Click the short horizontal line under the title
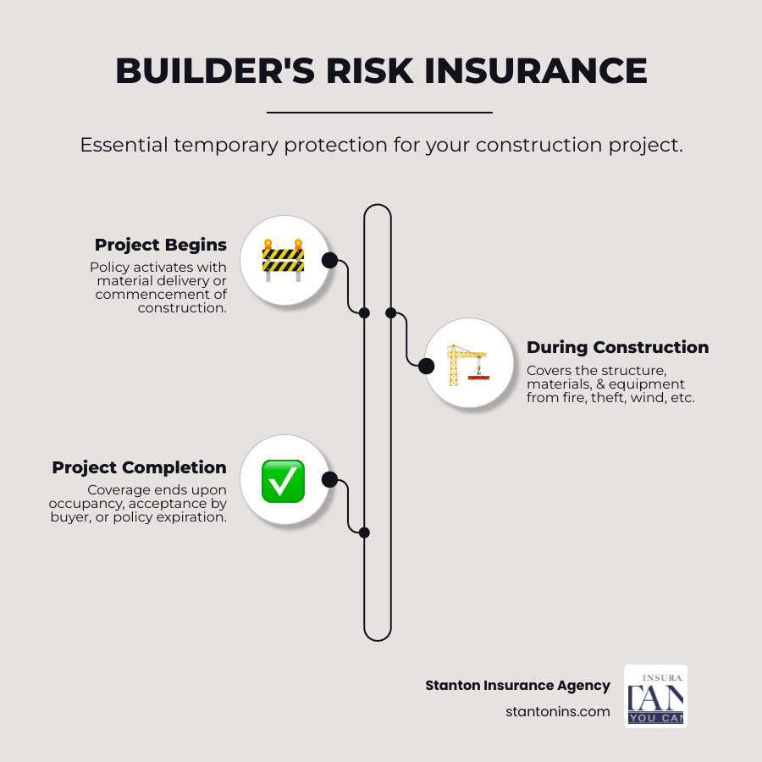coord(379,112)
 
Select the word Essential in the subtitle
coord(123,145)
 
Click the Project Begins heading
coord(161,245)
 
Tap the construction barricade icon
coord(283,259)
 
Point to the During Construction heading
coord(617,347)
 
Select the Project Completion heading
coord(139,467)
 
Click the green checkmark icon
coord(283,480)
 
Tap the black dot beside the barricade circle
coord(329,260)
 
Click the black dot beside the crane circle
coord(427,366)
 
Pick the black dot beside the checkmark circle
coord(329,480)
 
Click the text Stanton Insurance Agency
coord(517,686)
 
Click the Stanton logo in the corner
coord(655,696)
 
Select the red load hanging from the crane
coord(479,378)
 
